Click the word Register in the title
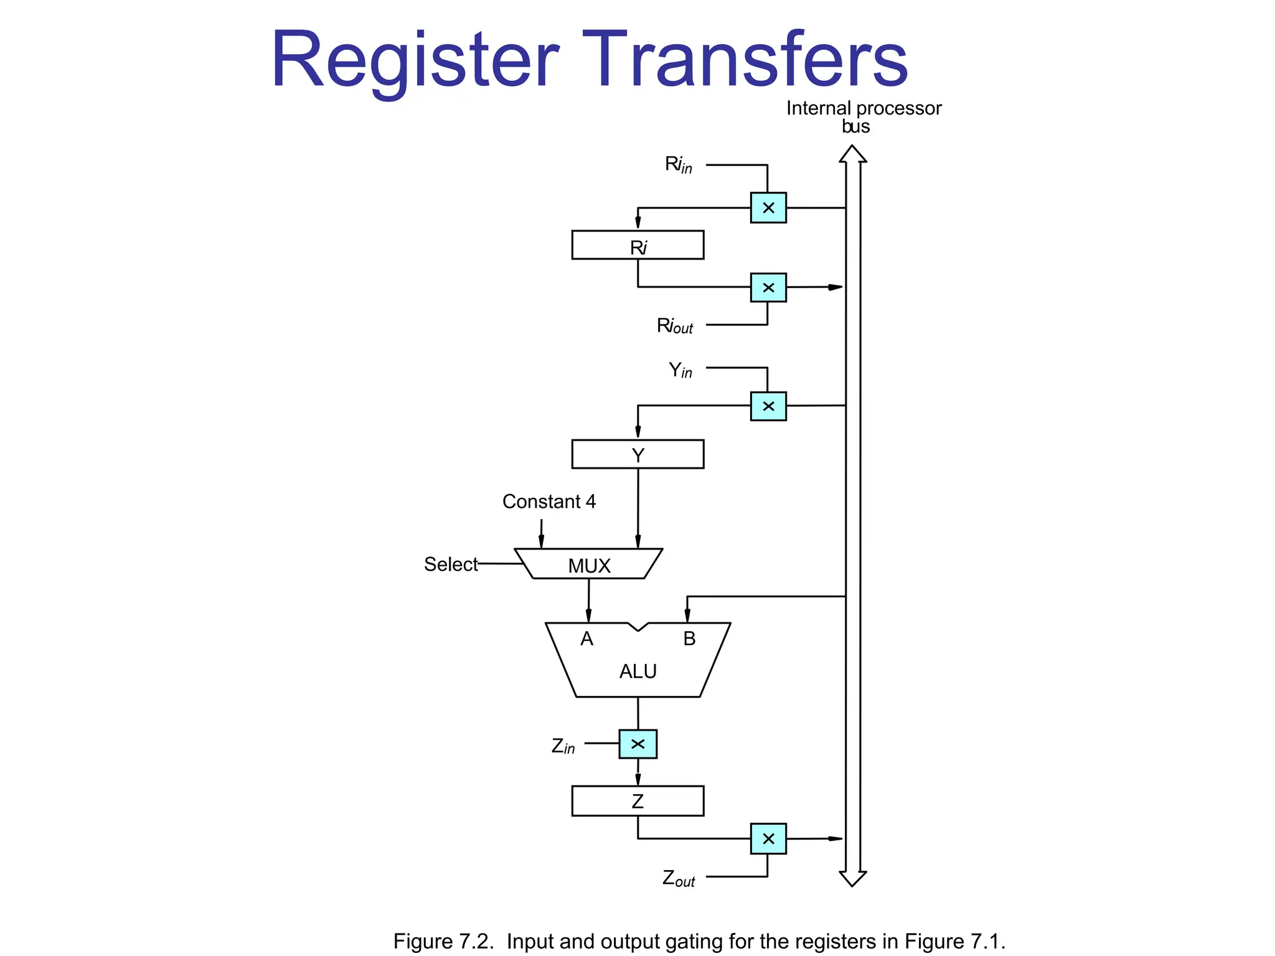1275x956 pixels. click(415, 61)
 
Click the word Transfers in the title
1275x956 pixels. click(744, 60)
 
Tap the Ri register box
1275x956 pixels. click(637, 245)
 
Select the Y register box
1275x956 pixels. click(637, 454)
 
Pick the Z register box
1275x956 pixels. click(637, 801)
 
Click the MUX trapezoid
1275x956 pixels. click(589, 565)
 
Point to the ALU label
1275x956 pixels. click(637, 672)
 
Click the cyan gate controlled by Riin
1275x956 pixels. click(768, 208)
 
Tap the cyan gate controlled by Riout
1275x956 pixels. click(768, 288)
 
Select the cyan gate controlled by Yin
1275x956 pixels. click(768, 406)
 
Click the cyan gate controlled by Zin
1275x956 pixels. click(637, 744)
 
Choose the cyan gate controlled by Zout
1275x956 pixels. click(768, 839)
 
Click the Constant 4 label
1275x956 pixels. click(548, 502)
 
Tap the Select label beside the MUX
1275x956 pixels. click(451, 565)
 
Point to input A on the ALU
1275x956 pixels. click(586, 639)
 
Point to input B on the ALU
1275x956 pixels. click(689, 639)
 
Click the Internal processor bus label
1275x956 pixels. click(863, 116)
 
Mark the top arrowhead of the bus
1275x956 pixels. click(852, 154)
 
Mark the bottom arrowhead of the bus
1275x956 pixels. click(852, 878)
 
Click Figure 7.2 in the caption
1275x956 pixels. click(443, 941)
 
